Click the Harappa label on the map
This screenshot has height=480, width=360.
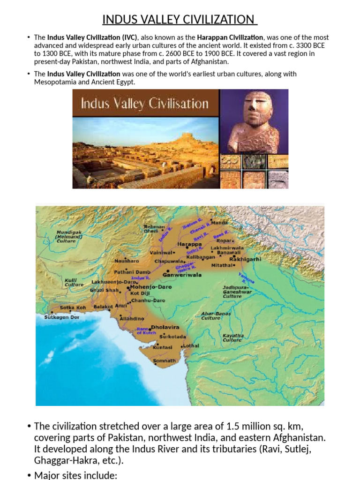[189, 244]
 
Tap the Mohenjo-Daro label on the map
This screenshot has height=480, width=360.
[155, 287]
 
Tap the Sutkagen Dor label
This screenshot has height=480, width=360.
[55, 317]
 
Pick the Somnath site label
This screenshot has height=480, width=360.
[165, 361]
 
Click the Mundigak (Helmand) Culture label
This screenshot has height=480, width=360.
[69, 237]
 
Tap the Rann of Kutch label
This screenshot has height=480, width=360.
[145, 331]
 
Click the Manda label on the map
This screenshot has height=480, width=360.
[219, 223]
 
